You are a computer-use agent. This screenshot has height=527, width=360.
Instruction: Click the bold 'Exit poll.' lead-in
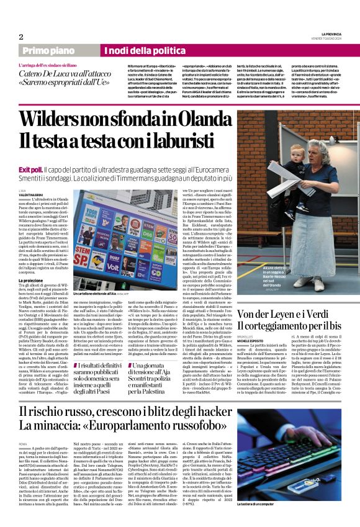(30, 152)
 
